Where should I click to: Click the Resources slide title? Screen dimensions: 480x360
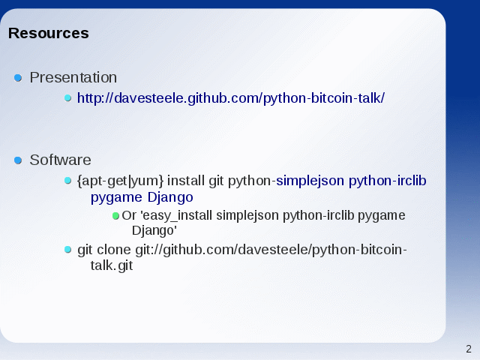[x=48, y=33]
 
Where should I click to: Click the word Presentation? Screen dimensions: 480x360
[x=73, y=77]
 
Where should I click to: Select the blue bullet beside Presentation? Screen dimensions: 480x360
[x=18, y=78]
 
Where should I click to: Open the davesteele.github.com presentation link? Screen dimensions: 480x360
[x=231, y=98]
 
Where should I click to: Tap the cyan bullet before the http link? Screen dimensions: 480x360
[x=68, y=98]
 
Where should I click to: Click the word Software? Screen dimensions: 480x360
[x=60, y=160]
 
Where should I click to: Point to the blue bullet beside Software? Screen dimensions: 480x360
[x=18, y=160]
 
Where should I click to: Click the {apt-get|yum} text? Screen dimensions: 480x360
[x=120, y=181]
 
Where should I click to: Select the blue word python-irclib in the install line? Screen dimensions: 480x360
[x=388, y=181]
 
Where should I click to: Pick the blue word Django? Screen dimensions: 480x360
[x=170, y=197]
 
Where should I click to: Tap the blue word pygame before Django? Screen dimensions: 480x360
[x=117, y=198]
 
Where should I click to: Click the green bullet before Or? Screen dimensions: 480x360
[x=115, y=216]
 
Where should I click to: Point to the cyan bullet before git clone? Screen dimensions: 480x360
[x=68, y=250]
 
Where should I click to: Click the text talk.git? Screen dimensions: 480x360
[x=112, y=265]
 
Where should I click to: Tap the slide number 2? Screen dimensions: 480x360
[x=469, y=349]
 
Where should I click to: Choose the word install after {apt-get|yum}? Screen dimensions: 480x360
[x=186, y=181]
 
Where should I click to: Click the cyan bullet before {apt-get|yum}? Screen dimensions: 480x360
[x=68, y=181]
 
